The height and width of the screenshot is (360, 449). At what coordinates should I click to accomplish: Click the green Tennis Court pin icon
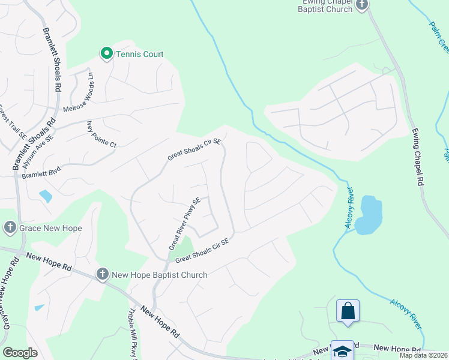(x=106, y=54)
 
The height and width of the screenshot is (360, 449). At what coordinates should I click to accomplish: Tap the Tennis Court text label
(x=140, y=55)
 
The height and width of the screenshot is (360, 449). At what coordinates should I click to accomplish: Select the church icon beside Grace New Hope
(x=10, y=227)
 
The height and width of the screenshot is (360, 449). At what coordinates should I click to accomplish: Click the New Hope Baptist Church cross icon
(x=103, y=275)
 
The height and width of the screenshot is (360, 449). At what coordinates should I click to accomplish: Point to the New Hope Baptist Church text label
(x=160, y=275)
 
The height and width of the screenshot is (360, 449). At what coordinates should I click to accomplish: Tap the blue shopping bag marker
(x=348, y=311)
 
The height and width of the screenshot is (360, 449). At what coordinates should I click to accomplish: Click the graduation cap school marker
(x=342, y=350)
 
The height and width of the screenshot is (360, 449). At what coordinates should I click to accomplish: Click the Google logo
(x=20, y=353)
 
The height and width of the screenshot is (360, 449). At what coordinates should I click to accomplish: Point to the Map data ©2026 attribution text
(x=423, y=355)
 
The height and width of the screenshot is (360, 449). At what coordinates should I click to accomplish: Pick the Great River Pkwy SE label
(x=184, y=224)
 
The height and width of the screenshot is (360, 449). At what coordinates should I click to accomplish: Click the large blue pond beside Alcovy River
(x=368, y=215)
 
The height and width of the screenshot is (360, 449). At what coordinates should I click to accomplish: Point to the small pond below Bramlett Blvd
(x=44, y=196)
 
